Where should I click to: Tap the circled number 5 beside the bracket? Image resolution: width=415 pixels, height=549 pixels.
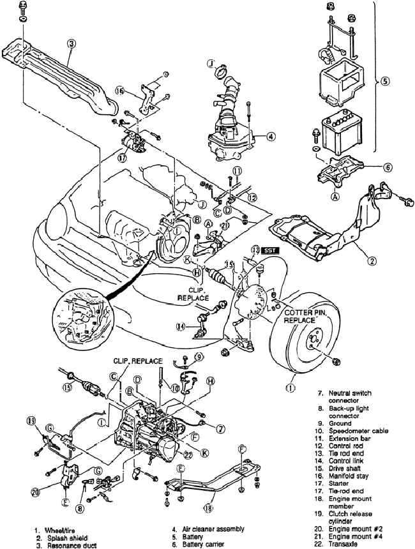(384, 82)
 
